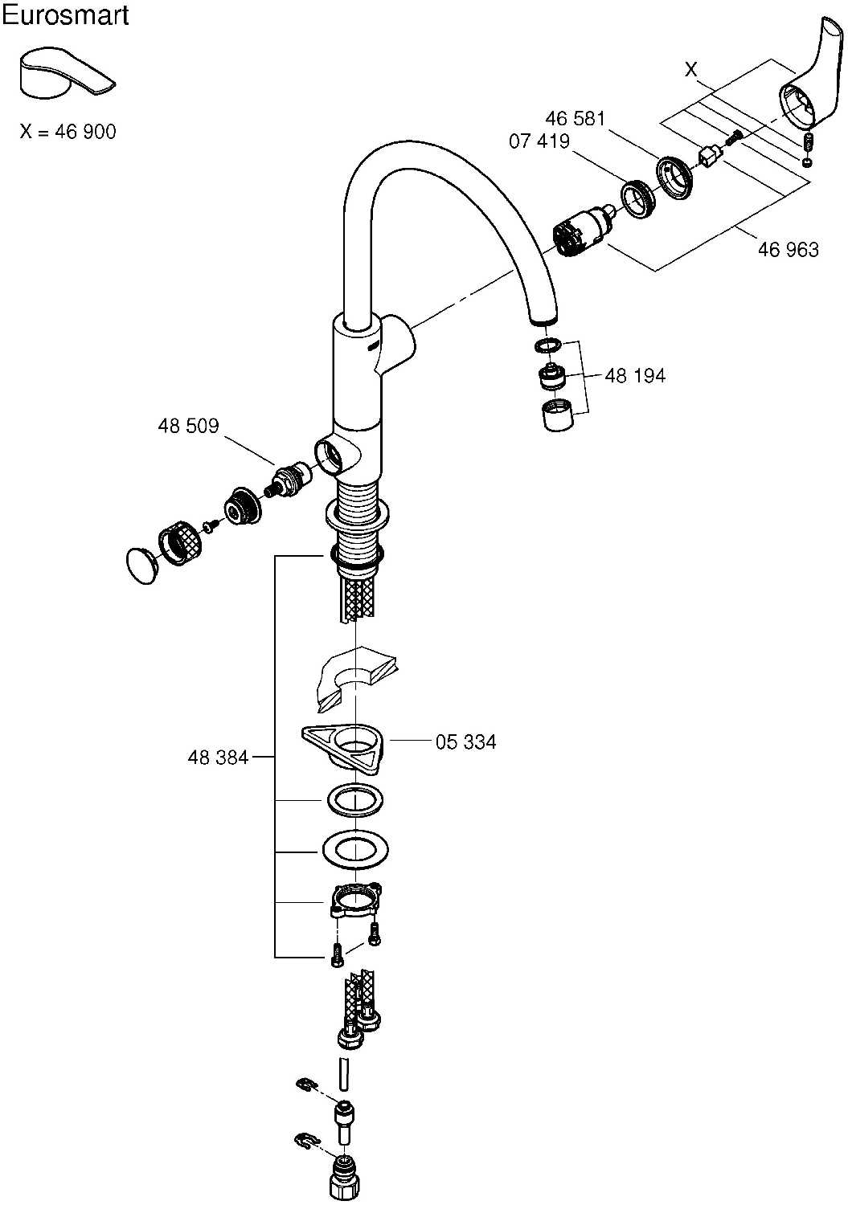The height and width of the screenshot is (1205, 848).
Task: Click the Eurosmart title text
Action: [65, 15]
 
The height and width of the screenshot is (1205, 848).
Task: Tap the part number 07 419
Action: [539, 142]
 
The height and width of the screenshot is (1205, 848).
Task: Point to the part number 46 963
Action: [788, 250]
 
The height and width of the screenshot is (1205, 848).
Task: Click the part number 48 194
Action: [634, 376]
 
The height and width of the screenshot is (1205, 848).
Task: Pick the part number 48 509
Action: [188, 426]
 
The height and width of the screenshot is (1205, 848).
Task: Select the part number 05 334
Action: [465, 742]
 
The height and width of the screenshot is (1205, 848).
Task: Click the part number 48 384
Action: [218, 757]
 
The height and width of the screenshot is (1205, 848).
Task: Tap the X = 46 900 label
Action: [68, 132]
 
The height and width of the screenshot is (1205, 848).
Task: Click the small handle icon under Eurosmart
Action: [66, 73]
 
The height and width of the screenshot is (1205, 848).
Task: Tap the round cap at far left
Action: [143, 564]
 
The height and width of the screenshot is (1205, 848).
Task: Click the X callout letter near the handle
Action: [690, 71]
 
